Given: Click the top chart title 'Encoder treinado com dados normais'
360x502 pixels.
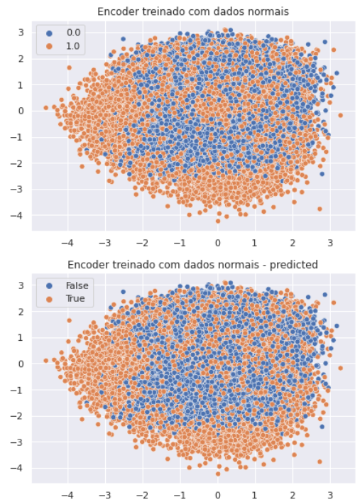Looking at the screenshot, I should click(x=193, y=11).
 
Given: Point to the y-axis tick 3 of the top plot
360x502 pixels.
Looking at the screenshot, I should click(x=22, y=32).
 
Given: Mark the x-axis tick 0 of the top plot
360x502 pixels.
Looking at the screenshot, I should click(x=218, y=241).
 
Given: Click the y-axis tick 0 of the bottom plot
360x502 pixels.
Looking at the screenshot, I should click(x=22, y=364).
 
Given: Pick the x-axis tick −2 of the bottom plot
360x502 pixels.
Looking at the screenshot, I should click(x=141, y=495).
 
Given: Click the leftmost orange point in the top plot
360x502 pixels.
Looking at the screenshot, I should click(x=45, y=108).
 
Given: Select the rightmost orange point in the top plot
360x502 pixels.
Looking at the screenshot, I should click(x=340, y=115).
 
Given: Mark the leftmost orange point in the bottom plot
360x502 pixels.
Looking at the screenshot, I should click(x=45, y=361).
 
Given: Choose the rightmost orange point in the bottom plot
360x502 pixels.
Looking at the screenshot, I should click(x=340, y=368).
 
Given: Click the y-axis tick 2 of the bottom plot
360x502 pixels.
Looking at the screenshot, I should click(x=22, y=311).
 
